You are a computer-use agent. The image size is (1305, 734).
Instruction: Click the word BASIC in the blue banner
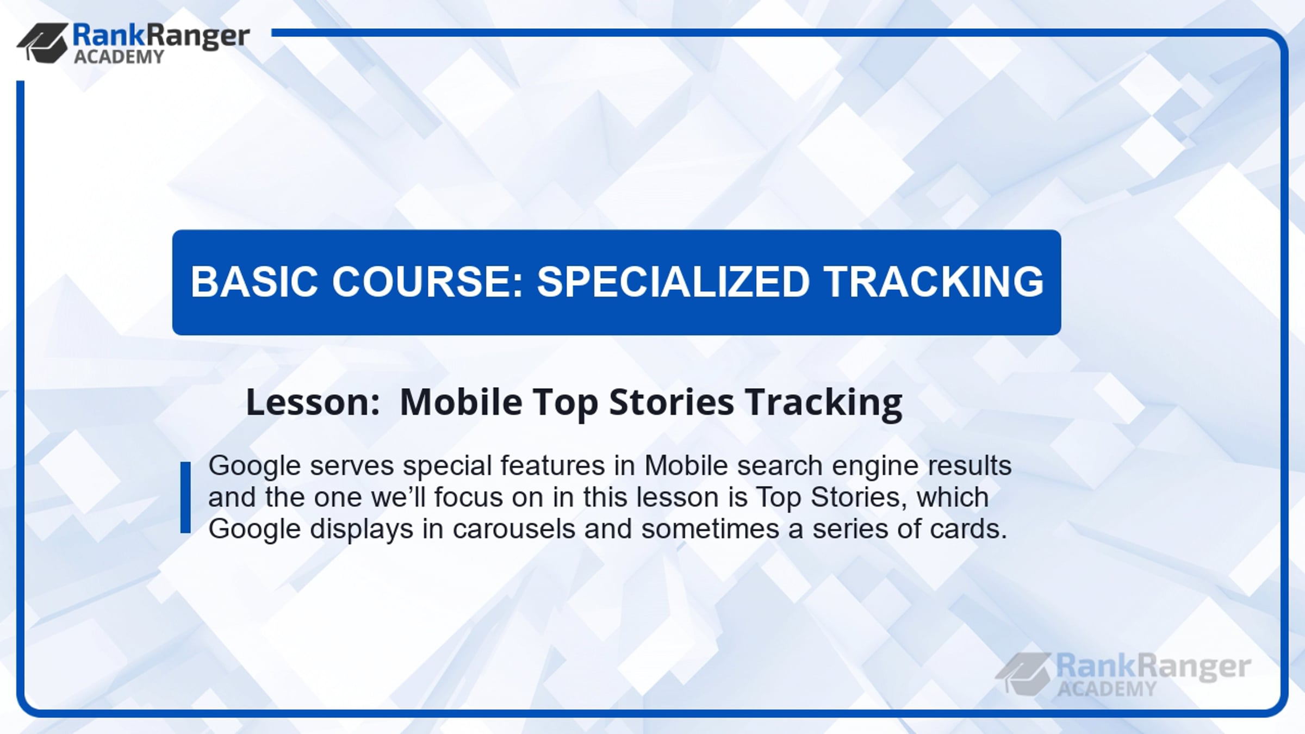pyautogui.click(x=254, y=282)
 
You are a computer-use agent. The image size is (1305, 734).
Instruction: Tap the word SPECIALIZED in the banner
pyautogui.click(x=674, y=282)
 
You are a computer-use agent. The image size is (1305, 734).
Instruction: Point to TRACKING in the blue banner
pyautogui.click(x=934, y=282)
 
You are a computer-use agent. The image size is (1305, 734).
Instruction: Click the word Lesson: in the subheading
pyautogui.click(x=313, y=402)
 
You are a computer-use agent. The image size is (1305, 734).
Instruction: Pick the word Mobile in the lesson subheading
pyautogui.click(x=461, y=402)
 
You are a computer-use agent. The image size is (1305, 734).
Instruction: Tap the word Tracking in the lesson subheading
pyautogui.click(x=824, y=403)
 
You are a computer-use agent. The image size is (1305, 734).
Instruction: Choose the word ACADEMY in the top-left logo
pyautogui.click(x=119, y=57)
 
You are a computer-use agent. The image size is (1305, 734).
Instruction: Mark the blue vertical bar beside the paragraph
pyautogui.click(x=185, y=497)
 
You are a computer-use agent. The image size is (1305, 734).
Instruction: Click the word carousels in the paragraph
pyautogui.click(x=514, y=529)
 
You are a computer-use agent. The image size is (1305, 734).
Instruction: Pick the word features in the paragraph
pyautogui.click(x=552, y=466)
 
